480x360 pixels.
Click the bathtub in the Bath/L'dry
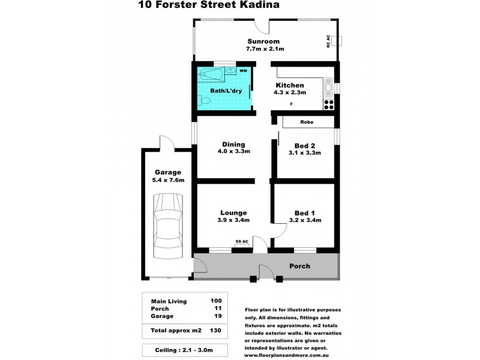pyautogui.click(x=211, y=76)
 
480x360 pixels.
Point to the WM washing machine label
pyautogui.click(x=243, y=71)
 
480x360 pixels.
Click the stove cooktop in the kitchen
pyautogui.click(x=328, y=104)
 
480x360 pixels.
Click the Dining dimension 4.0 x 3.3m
pyautogui.click(x=233, y=152)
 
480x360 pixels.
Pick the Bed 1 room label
pyautogui.click(x=305, y=213)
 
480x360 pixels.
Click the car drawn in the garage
pyautogui.click(x=166, y=225)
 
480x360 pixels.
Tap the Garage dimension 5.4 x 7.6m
pyautogui.click(x=168, y=180)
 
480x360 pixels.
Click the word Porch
pyautogui.click(x=299, y=266)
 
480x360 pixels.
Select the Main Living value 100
pyautogui.click(x=216, y=301)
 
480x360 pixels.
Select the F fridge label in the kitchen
pyautogui.click(x=292, y=104)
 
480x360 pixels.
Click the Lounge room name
pyautogui.click(x=233, y=213)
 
